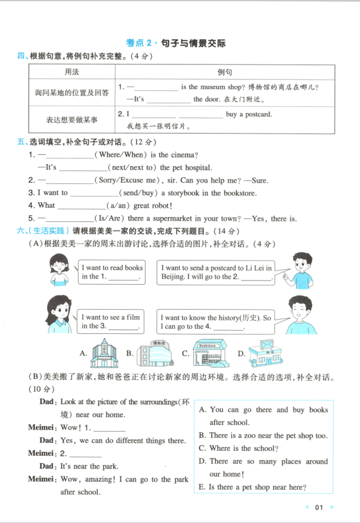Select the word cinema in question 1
189,154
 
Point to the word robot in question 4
157,205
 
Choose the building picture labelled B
152,353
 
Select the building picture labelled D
265,353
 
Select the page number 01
319,507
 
